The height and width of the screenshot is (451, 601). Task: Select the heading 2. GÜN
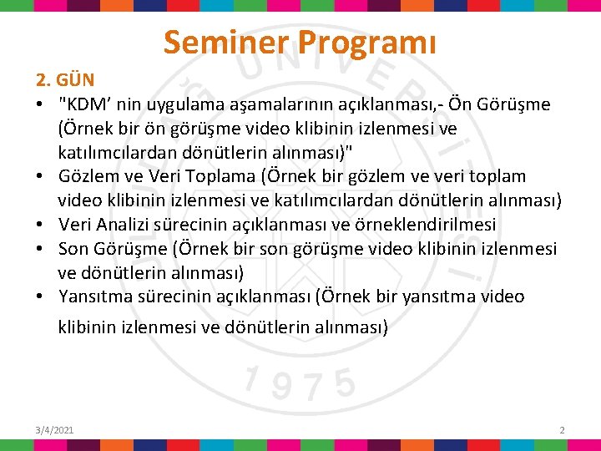click(65, 81)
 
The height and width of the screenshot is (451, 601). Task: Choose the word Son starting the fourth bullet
click(73, 249)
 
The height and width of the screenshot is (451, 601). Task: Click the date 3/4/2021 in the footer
click(54, 429)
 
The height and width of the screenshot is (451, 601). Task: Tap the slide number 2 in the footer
click(562, 429)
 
